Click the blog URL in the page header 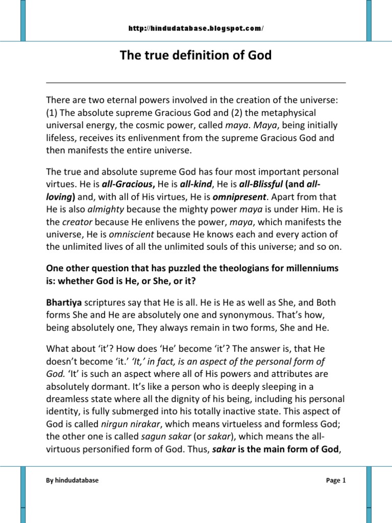click(x=196, y=29)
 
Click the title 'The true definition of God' click(x=196, y=55)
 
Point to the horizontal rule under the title click(x=196, y=82)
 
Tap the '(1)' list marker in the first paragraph click(x=52, y=112)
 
